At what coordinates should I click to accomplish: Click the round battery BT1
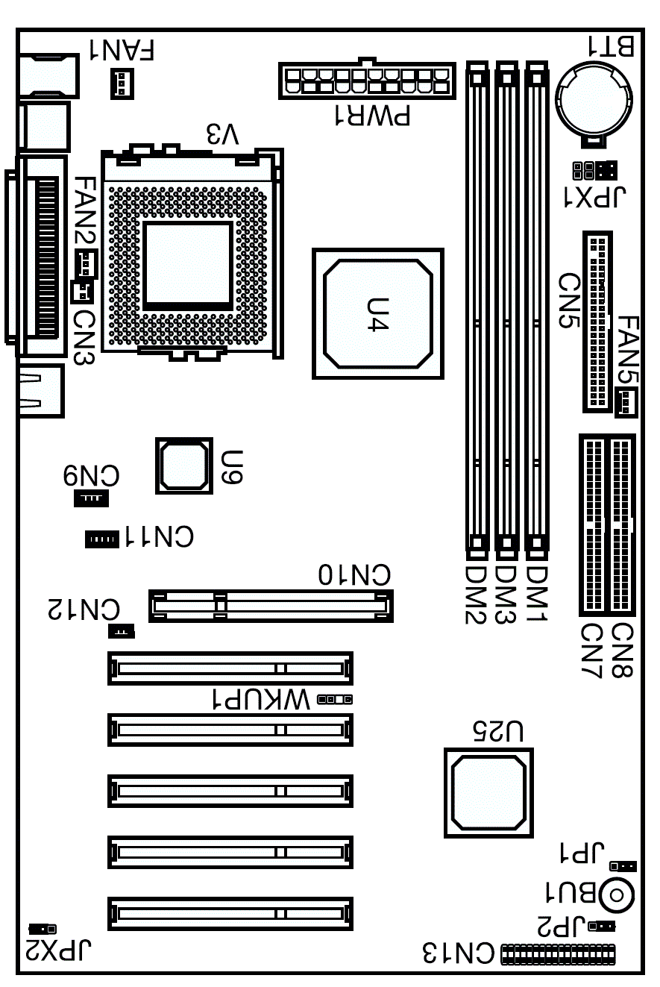click(x=594, y=99)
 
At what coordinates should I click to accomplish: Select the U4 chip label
click(x=378, y=314)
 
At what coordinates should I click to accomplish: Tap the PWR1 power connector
click(x=367, y=80)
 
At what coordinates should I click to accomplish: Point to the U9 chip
click(x=184, y=466)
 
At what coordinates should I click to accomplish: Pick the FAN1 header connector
click(x=122, y=84)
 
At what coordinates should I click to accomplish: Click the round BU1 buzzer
click(x=617, y=895)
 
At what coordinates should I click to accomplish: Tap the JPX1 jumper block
click(x=595, y=171)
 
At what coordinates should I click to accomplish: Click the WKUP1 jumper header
click(x=335, y=699)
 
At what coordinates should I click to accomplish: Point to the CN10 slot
click(x=271, y=606)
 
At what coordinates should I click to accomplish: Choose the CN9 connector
click(x=91, y=498)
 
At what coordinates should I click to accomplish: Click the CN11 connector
click(x=101, y=539)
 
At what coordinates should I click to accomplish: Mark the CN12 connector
click(x=122, y=631)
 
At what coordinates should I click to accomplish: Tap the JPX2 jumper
click(x=43, y=929)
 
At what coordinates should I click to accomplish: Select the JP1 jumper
click(x=623, y=866)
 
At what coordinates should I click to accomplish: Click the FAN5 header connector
click(x=626, y=403)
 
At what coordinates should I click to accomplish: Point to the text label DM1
click(x=537, y=594)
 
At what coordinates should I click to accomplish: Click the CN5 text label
click(x=569, y=300)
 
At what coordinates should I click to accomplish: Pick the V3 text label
click(x=223, y=134)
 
